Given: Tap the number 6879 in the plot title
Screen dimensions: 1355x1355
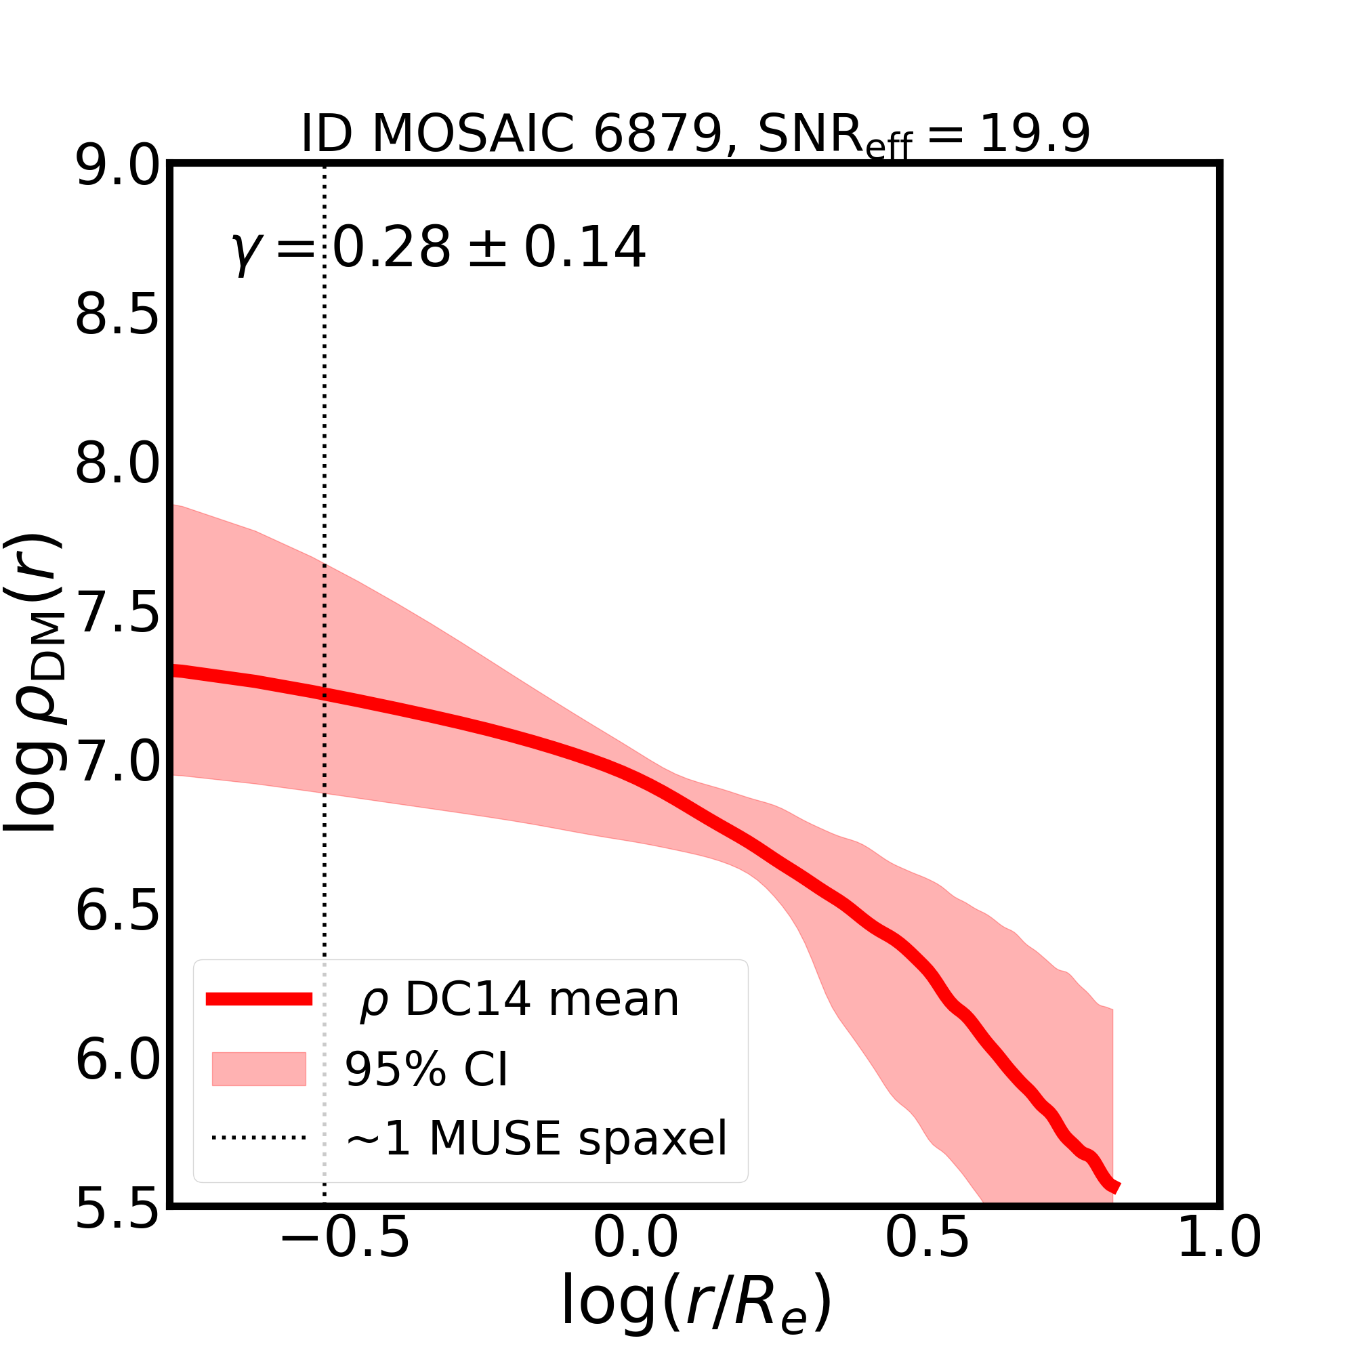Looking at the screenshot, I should pyautogui.click(x=657, y=133).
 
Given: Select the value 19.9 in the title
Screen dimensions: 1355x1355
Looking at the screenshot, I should pyautogui.click(x=1035, y=133).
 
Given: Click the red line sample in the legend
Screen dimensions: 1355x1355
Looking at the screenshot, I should pyautogui.click(x=259, y=999).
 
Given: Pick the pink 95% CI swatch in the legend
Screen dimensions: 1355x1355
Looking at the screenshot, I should pyautogui.click(x=259, y=1069).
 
